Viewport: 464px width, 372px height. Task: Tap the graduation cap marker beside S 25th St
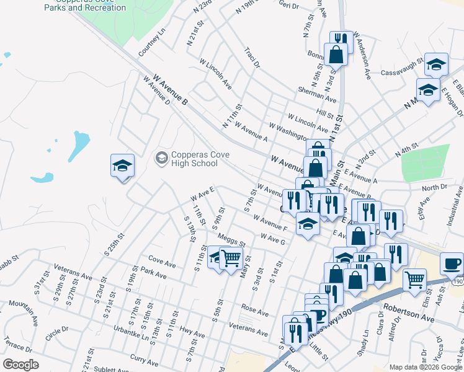click(x=122, y=166)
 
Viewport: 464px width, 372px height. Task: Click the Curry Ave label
click(x=144, y=359)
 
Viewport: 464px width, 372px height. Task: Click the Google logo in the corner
click(x=20, y=365)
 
